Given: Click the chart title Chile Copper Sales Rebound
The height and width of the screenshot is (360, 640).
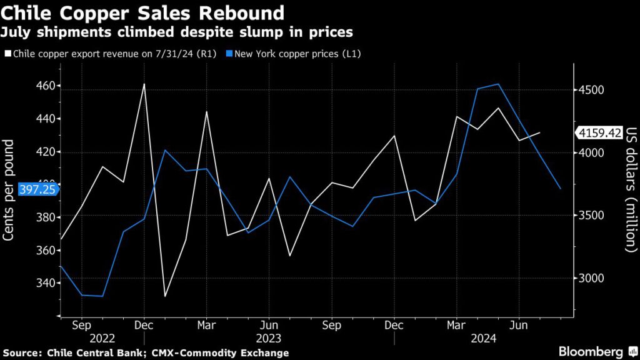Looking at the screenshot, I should click(x=144, y=12).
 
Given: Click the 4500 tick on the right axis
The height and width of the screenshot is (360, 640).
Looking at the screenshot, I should click(x=591, y=90).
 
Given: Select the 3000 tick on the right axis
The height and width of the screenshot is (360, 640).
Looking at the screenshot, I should click(x=591, y=278).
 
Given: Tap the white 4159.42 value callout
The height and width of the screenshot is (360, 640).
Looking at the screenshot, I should click(x=599, y=132).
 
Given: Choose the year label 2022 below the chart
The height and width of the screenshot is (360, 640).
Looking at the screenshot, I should click(x=102, y=339).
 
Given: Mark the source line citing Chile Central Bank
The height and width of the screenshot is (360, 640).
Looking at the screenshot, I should click(x=144, y=353).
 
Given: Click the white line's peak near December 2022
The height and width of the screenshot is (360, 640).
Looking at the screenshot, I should click(x=144, y=84).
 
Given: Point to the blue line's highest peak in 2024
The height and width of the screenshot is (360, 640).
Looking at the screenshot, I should click(x=497, y=84).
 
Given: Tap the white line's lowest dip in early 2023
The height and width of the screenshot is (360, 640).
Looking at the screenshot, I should click(x=165, y=296).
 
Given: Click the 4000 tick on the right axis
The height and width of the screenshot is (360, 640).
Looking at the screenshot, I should click(x=591, y=153).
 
